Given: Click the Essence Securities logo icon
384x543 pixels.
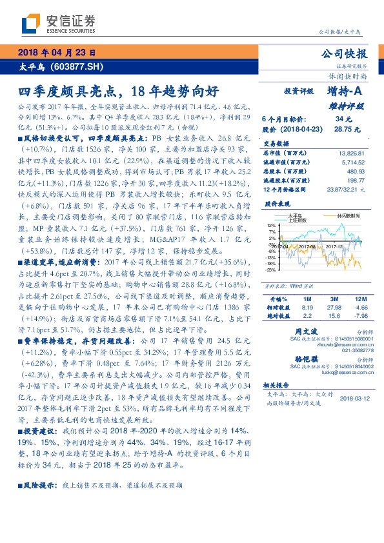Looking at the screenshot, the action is pos(30,25).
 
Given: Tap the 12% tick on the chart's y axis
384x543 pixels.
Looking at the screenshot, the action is pos(272,226).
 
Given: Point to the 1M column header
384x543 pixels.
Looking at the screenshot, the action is pos(289,300).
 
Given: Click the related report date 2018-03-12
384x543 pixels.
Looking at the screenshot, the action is pos(354,399).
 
